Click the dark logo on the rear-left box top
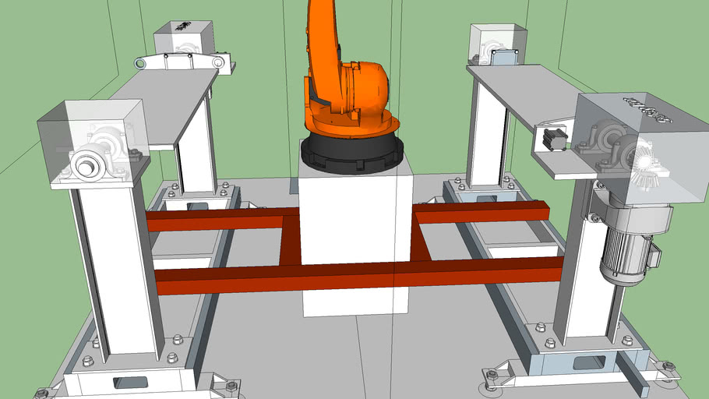click(x=183, y=26)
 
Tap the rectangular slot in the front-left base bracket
click(x=129, y=382)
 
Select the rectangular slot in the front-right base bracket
click(x=589, y=362)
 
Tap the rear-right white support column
click(x=487, y=132)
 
